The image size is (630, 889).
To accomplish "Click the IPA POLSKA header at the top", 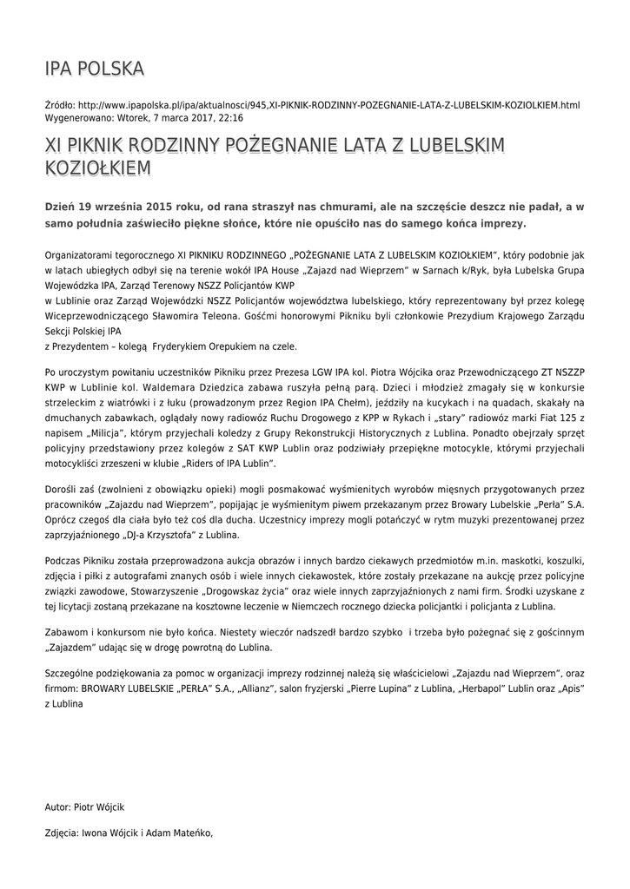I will tap(95, 69).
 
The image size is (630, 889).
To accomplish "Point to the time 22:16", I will tap(230, 117).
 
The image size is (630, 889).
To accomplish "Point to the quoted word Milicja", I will tap(103, 432).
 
